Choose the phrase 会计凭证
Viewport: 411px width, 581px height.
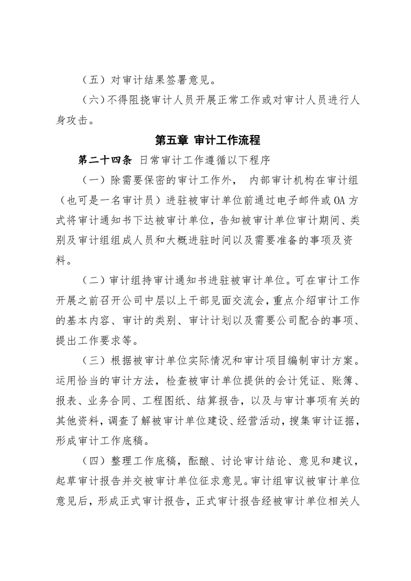(297, 381)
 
